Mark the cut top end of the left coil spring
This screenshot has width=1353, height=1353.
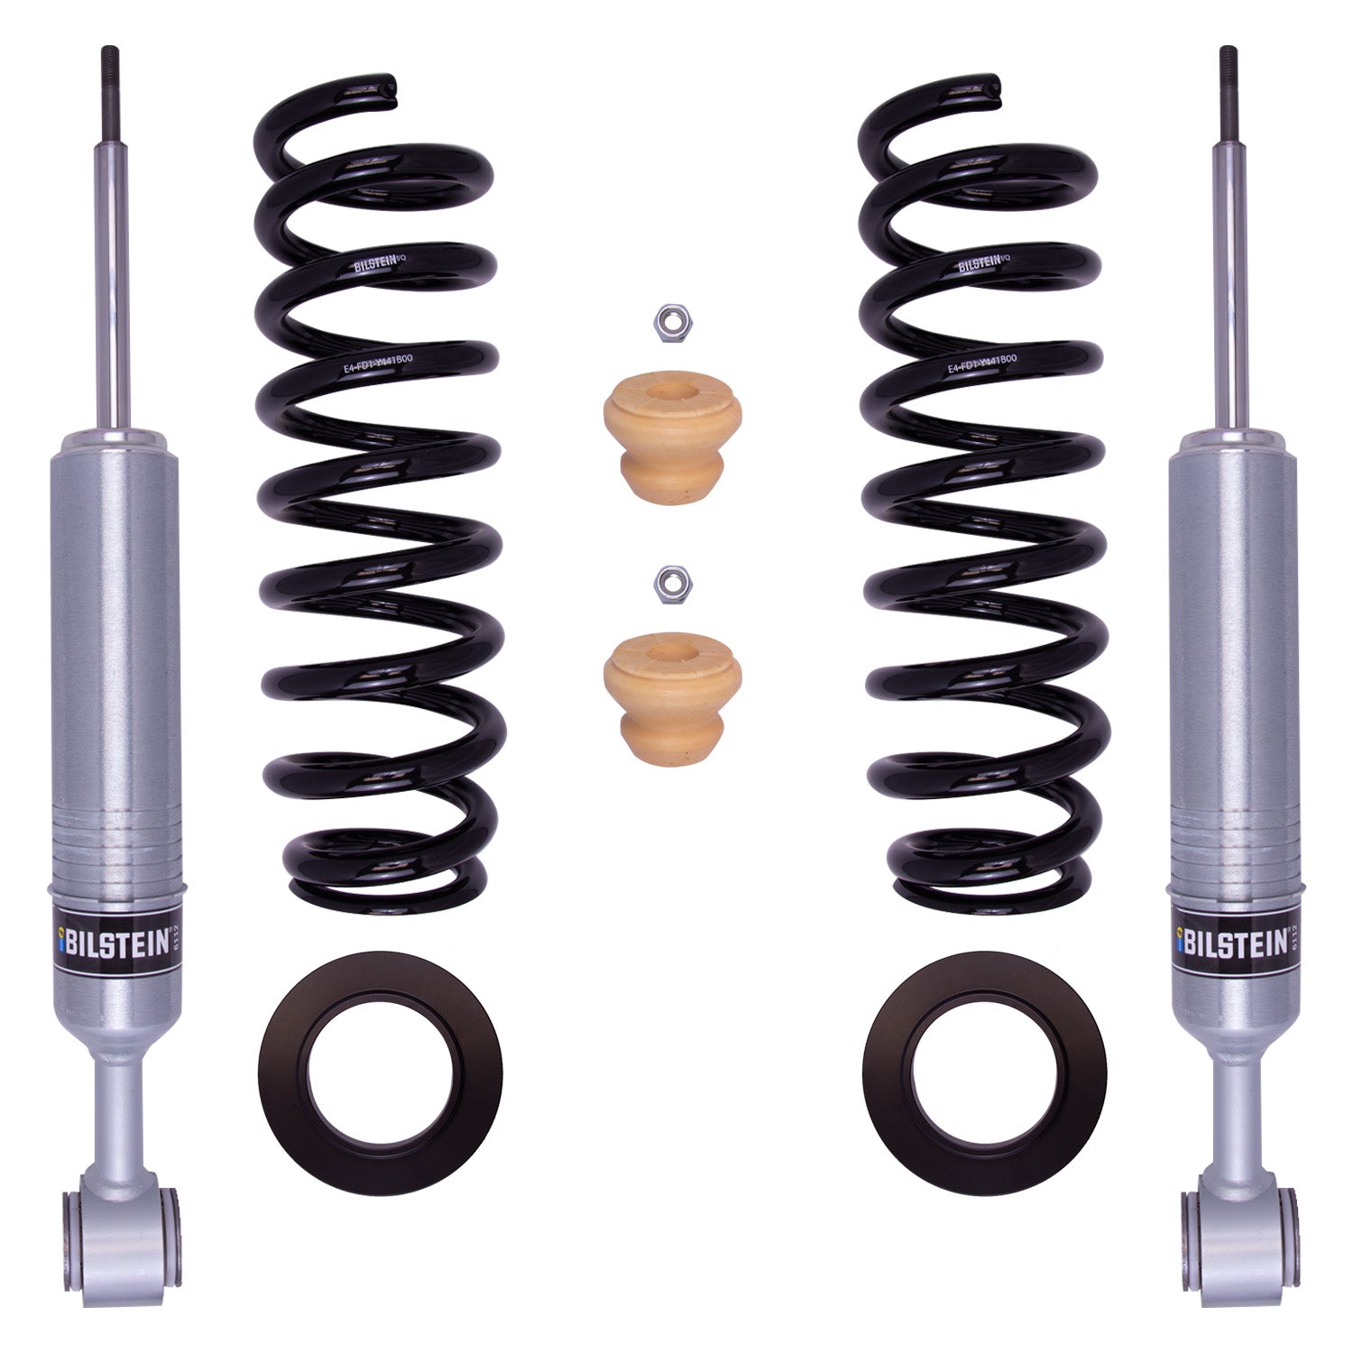pyautogui.click(x=390, y=84)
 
